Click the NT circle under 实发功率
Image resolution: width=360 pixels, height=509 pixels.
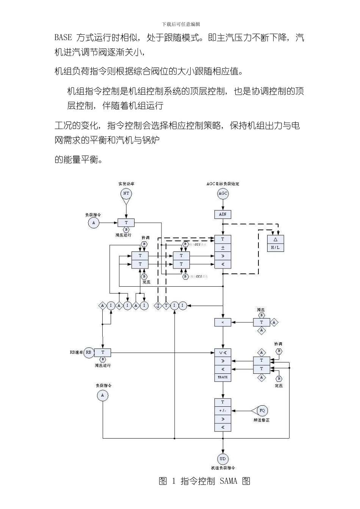126,194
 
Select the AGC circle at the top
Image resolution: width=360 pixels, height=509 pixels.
223,194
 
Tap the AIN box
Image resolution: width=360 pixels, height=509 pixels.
223,214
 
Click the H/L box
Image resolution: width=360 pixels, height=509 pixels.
275,248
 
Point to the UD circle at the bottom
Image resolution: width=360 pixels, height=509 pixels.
222,459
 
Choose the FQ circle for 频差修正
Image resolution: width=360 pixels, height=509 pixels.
262,411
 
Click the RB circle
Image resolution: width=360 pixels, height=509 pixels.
88,352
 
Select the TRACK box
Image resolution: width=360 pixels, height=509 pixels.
223,377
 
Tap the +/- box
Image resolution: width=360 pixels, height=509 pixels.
223,411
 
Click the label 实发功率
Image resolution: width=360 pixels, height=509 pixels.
126,184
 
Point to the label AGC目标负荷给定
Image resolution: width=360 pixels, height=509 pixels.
223,184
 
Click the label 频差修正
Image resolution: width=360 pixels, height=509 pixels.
261,420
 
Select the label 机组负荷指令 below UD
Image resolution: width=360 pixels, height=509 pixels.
223,468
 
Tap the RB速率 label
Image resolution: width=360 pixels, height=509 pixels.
76,352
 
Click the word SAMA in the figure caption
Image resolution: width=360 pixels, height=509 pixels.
228,481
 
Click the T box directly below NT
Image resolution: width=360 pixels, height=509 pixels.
126,223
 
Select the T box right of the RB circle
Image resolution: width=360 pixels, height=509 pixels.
103,352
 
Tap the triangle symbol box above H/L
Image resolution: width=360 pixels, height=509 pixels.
275,239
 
